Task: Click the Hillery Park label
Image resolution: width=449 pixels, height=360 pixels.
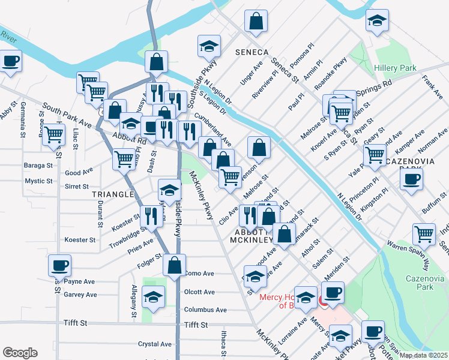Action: click(x=395, y=68)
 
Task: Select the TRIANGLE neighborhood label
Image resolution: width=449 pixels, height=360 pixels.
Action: click(x=112, y=194)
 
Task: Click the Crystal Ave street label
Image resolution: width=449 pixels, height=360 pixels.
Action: click(x=155, y=344)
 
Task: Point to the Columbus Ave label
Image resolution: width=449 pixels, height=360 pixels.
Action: click(x=205, y=310)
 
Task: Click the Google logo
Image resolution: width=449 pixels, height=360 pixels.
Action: click(x=20, y=353)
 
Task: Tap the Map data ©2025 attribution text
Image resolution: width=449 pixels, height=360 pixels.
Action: click(x=424, y=355)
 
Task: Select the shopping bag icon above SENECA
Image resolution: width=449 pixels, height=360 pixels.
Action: click(x=256, y=21)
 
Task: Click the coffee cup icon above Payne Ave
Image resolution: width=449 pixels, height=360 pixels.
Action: click(x=59, y=265)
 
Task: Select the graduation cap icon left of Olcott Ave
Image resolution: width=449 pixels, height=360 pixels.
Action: click(x=154, y=296)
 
